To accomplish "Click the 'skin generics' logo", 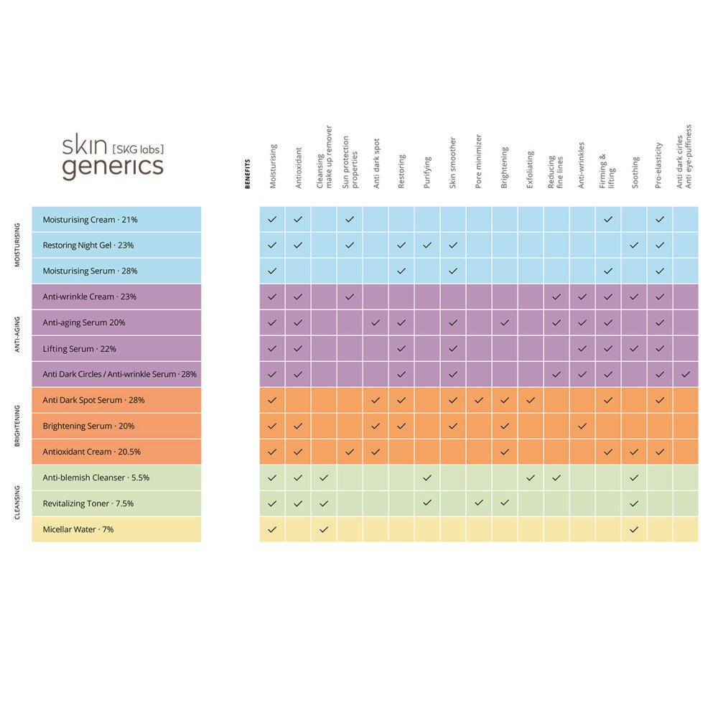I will [x=113, y=156].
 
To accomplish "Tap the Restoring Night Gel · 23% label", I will [x=88, y=246].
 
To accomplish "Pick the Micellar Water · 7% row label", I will [x=78, y=529].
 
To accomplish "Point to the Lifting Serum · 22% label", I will [x=79, y=349].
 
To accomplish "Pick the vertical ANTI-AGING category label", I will [x=17, y=335].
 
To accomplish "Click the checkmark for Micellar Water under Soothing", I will [x=634, y=530].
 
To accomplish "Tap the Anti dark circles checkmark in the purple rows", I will [x=686, y=374].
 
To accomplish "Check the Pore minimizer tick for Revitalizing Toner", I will [x=479, y=503].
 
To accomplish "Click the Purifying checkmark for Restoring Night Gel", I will [x=427, y=246].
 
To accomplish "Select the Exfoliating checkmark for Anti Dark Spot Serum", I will [x=531, y=400].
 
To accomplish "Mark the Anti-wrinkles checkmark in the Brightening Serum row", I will [x=582, y=426].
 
